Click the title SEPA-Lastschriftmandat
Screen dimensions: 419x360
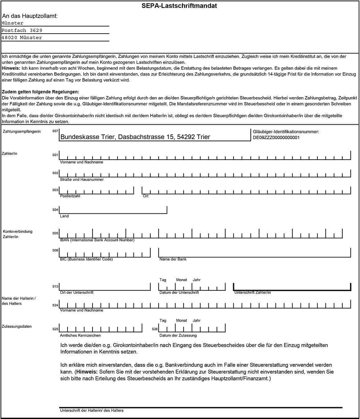tap(179, 6)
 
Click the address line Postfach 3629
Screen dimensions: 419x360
tap(22, 30)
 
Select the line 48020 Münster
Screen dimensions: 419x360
tap(22, 38)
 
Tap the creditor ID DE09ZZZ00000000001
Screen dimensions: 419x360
tap(276, 137)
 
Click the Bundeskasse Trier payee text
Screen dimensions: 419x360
tap(135, 137)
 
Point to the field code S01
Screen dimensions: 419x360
tap(55, 155)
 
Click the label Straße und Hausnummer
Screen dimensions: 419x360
tap(82, 179)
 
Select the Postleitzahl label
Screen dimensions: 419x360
tap(70, 196)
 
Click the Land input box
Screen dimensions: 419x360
tap(113, 210)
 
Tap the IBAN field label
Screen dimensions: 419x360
tap(97, 240)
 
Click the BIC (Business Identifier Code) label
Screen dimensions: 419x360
tap(86, 259)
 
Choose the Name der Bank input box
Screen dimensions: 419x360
tap(255, 252)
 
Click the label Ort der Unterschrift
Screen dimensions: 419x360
tap(77, 292)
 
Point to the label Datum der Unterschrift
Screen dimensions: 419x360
tap(179, 292)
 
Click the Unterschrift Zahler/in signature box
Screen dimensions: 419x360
tap(292, 286)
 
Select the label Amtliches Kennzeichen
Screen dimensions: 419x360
tap(80, 335)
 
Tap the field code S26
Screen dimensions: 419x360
tap(155, 329)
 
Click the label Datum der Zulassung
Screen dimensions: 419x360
tap(178, 335)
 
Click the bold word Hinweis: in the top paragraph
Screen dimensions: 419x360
tap(11, 68)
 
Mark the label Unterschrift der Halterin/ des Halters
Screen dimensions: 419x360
tap(91, 411)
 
